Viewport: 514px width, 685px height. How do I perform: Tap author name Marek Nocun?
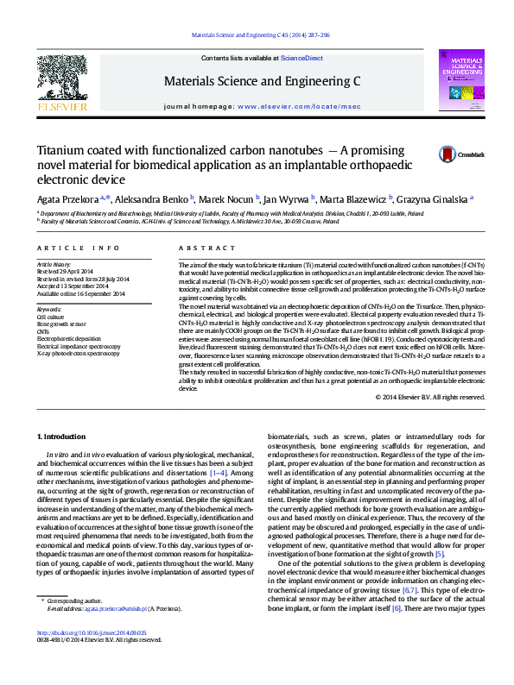tap(231, 198)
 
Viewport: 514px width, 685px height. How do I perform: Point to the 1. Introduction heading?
tap(64, 438)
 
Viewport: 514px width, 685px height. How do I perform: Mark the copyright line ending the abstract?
tap(430, 397)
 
